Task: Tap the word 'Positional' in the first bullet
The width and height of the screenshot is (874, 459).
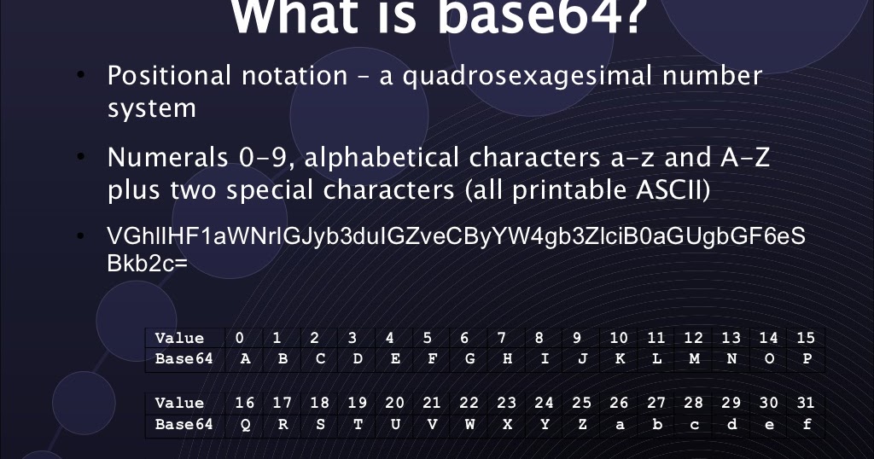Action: click(x=169, y=76)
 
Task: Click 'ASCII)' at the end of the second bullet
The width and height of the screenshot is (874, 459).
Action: click(x=670, y=190)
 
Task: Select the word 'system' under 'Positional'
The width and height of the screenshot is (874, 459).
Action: click(x=151, y=109)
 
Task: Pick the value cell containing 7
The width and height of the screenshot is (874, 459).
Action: click(x=502, y=338)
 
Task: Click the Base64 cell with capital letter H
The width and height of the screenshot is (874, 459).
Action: click(x=507, y=358)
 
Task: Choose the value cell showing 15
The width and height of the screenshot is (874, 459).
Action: click(x=806, y=338)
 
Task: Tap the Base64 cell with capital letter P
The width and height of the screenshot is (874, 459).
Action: click(x=807, y=358)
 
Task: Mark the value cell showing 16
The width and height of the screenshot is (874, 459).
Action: click(x=245, y=403)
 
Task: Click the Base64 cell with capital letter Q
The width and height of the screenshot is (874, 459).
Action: click(x=246, y=423)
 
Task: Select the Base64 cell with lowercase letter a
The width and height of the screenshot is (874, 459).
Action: click(x=619, y=423)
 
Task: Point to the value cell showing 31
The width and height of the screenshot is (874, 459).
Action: click(x=806, y=403)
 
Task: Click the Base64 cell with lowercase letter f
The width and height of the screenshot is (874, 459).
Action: click(x=807, y=423)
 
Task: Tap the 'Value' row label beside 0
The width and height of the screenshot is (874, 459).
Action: click(x=179, y=338)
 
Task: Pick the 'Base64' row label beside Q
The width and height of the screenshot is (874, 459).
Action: click(x=184, y=423)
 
